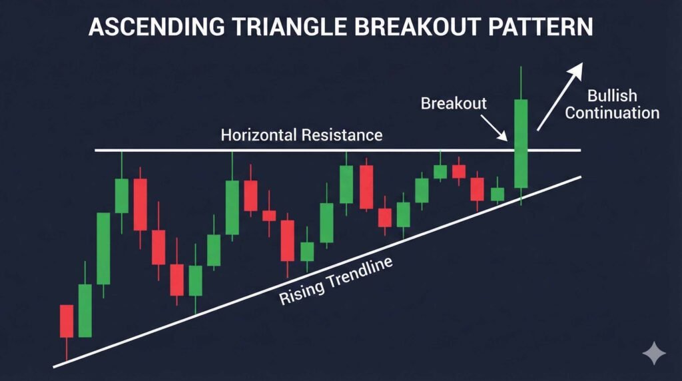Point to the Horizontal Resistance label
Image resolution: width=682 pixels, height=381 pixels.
302,135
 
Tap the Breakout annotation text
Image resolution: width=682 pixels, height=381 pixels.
454,103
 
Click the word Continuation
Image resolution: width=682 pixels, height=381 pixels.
612,113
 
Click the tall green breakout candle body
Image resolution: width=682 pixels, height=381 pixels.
520,143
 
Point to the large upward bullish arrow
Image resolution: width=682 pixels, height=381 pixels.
560,97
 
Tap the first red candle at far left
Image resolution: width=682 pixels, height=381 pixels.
67,320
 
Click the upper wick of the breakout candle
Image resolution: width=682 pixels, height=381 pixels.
520,83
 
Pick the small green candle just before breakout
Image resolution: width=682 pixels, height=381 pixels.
498,194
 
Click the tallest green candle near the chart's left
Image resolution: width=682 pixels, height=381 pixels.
103,248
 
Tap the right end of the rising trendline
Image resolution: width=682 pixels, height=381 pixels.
580,177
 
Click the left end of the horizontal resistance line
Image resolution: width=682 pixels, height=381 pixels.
97,151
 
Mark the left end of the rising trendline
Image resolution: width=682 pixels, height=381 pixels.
55,365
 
